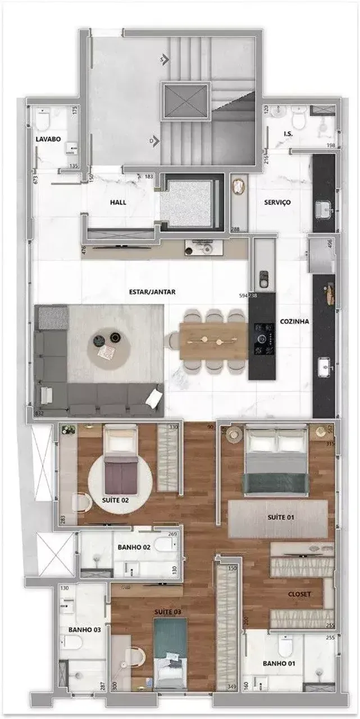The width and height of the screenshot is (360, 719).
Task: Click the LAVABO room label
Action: (48, 139)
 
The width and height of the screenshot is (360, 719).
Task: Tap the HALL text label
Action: (118, 202)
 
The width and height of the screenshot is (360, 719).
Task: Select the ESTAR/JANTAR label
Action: (152, 292)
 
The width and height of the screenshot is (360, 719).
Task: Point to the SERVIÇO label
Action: (277, 202)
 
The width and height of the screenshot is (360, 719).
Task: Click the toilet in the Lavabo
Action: (43, 119)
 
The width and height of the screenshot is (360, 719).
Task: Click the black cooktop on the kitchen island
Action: (262, 340)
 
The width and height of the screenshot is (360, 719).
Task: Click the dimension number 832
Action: (39, 413)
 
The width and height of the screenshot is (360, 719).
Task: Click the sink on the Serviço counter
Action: (323, 211)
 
